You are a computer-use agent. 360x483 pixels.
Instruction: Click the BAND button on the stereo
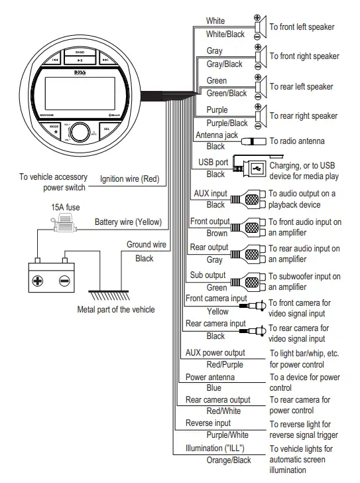[x=80, y=52]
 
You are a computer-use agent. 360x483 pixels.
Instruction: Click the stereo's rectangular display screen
[x=79, y=91]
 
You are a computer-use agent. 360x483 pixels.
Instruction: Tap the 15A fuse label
[x=65, y=207]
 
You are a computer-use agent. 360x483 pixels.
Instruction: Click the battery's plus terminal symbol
[x=38, y=280]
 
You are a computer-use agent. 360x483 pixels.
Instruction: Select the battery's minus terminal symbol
[x=64, y=280]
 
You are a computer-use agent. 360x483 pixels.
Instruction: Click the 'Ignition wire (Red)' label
[x=131, y=178]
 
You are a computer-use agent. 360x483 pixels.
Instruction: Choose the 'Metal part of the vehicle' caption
[x=116, y=309]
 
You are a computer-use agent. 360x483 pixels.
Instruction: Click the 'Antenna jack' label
[x=216, y=135]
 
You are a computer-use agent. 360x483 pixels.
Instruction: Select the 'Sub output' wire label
[x=208, y=275]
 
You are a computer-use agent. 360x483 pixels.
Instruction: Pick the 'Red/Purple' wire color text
[x=225, y=364]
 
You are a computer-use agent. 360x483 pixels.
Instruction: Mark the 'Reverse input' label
[x=208, y=423]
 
